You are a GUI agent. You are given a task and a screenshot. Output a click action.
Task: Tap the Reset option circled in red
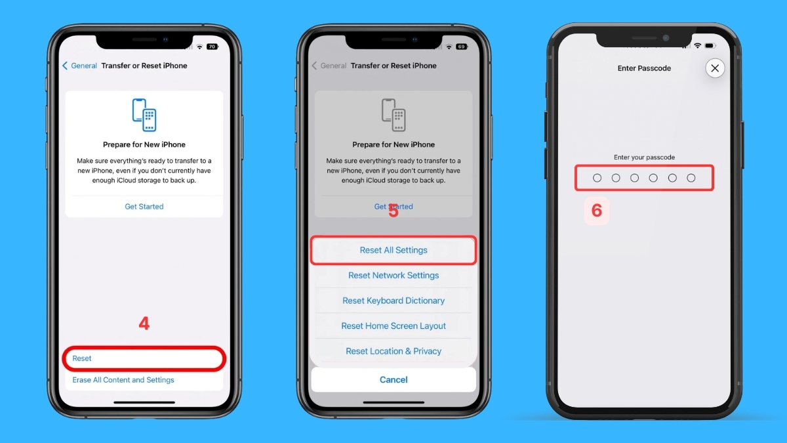[82, 358]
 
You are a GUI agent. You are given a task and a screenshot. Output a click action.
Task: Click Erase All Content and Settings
[123, 380]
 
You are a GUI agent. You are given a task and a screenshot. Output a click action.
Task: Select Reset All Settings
[393, 250]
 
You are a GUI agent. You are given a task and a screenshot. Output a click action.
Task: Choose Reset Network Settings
[393, 275]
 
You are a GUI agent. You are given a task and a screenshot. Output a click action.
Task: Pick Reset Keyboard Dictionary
[393, 301]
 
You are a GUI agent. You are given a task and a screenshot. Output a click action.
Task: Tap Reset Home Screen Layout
[393, 326]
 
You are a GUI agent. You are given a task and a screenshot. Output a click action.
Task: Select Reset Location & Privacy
[393, 351]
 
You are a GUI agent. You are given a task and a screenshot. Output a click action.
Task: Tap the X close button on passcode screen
[715, 68]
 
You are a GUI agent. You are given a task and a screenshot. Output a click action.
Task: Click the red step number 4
[144, 324]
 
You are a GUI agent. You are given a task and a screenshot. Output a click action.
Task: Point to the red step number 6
[597, 211]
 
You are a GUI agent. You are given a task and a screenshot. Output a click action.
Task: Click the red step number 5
[393, 211]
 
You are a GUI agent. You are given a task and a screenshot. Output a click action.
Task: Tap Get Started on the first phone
[144, 206]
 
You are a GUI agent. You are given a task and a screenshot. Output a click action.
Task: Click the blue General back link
[80, 66]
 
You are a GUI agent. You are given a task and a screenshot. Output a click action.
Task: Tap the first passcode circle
[597, 178]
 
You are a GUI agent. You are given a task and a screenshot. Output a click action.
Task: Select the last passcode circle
[691, 178]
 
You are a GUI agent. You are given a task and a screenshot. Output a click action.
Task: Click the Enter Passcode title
[644, 68]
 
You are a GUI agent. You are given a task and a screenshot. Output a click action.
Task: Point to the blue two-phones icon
[144, 115]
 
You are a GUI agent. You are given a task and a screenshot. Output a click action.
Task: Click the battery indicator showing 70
[212, 47]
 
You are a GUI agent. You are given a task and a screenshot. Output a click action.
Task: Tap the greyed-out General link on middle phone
[329, 66]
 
